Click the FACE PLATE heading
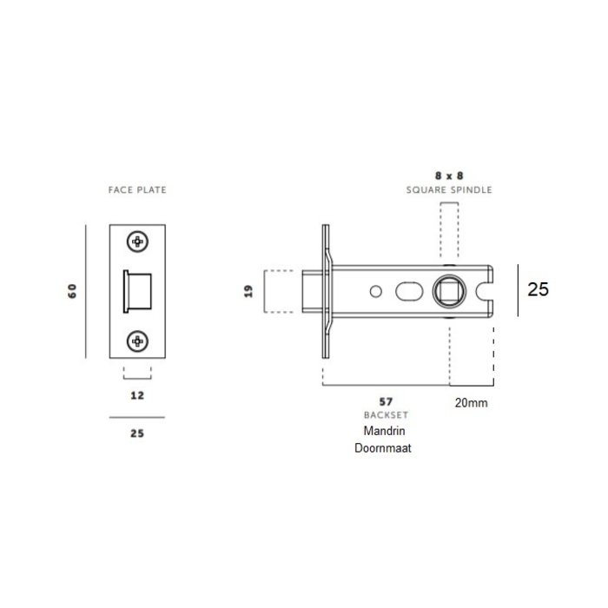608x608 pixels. pos(137,188)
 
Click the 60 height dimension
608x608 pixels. pos(72,290)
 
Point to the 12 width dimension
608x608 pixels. pos(136,395)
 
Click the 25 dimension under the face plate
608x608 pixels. pos(136,432)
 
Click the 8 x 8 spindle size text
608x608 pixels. pos(449,174)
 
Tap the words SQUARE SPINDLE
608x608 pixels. pos(449,188)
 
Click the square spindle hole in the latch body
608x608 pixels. pos(449,290)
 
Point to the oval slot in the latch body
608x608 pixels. pos(407,290)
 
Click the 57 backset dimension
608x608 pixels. pos(387,401)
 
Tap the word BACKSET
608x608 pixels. pos(387,415)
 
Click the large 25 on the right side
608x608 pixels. pos(539,290)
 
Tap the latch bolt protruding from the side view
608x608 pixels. pos(312,290)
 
